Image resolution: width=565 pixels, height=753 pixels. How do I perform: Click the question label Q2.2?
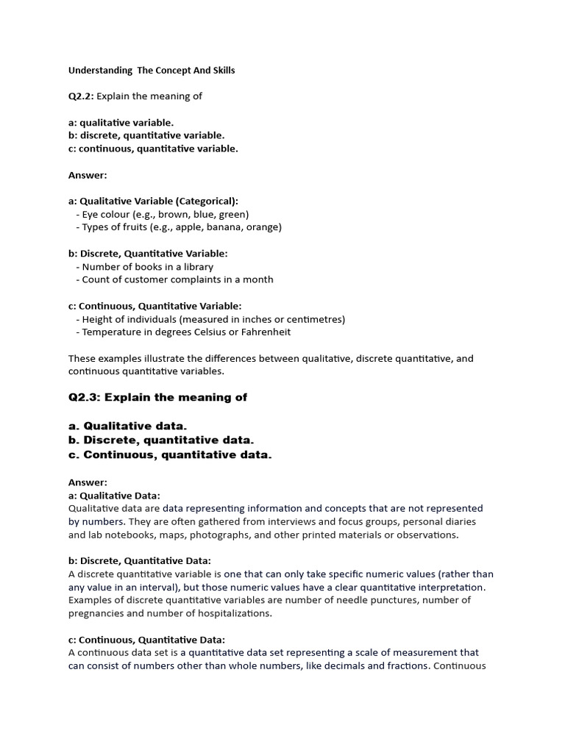[x=81, y=96]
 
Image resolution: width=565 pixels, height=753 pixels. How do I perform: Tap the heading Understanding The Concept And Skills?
[x=152, y=71]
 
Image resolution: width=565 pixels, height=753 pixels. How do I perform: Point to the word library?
[x=196, y=267]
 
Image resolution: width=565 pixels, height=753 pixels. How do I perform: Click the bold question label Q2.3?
[x=85, y=398]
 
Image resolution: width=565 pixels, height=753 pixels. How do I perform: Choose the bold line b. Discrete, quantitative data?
[x=161, y=440]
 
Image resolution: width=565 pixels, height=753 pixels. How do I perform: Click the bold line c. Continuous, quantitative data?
[x=170, y=454]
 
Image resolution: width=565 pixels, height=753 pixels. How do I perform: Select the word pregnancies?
[x=95, y=613]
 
